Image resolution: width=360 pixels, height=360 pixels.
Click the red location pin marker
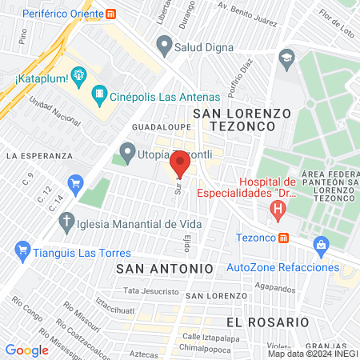180,163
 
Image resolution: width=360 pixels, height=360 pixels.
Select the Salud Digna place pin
165,46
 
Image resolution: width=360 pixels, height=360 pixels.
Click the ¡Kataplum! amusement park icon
78,77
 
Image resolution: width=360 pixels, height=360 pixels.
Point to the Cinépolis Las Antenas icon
99,94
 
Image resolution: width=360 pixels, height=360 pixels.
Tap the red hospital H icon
278,212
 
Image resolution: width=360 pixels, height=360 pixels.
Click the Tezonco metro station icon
283,238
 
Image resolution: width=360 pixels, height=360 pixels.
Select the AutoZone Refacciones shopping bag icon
322,245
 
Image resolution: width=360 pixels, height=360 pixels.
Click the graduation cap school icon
286,58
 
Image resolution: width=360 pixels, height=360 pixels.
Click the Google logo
26,350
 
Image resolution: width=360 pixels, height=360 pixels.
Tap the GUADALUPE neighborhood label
156,127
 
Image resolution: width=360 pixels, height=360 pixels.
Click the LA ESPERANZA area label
38,154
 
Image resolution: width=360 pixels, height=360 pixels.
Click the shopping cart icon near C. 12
76,183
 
